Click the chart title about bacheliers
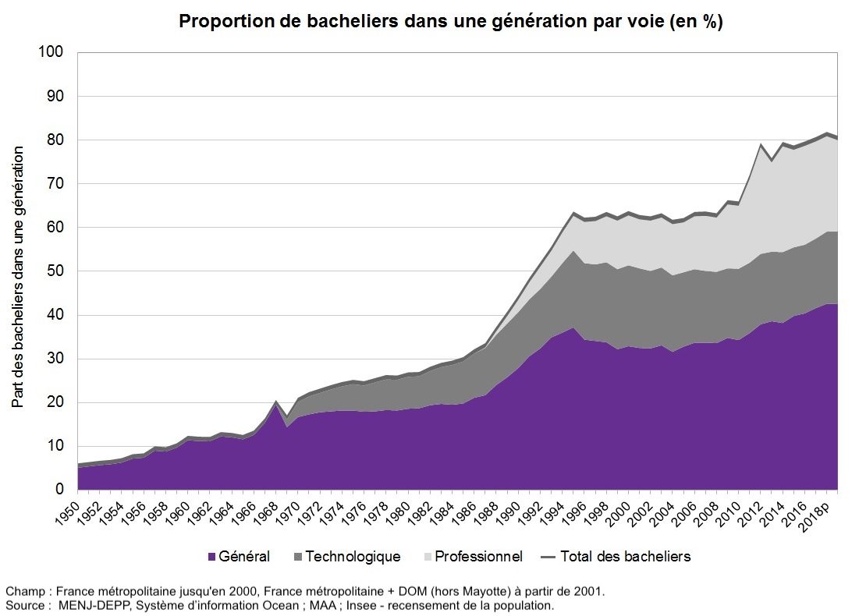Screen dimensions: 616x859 coord(451,21)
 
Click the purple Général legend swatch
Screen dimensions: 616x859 coord(211,557)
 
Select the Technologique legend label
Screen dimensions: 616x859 coord(353,557)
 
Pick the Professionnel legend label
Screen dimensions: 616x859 coord(478,557)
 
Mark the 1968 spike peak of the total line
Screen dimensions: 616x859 coord(276,402)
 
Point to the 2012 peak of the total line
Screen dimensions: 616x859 coord(761,145)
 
